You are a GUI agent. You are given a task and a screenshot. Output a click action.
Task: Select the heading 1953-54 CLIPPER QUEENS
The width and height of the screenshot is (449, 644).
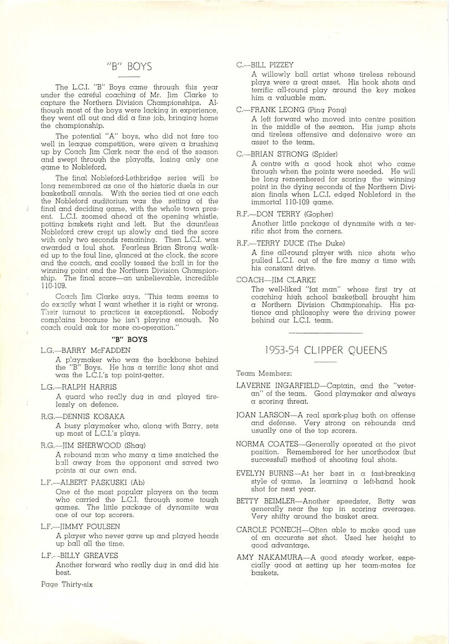(326, 350)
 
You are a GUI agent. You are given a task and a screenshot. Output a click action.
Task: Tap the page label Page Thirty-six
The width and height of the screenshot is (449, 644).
(66, 584)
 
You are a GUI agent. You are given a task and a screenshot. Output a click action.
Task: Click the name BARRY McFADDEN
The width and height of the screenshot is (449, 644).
(91, 350)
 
